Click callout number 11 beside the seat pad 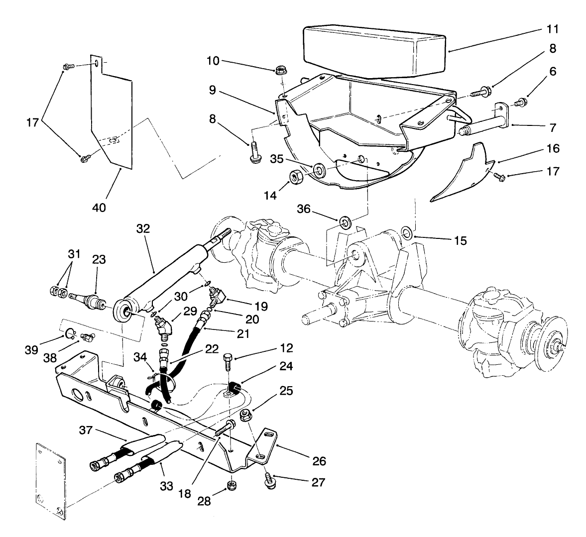551,29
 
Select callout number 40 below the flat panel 99,206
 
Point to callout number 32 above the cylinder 143,228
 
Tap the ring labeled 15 406,231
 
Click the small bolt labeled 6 522,103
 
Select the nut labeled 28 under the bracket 231,484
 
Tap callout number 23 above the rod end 99,259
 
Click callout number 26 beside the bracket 319,461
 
